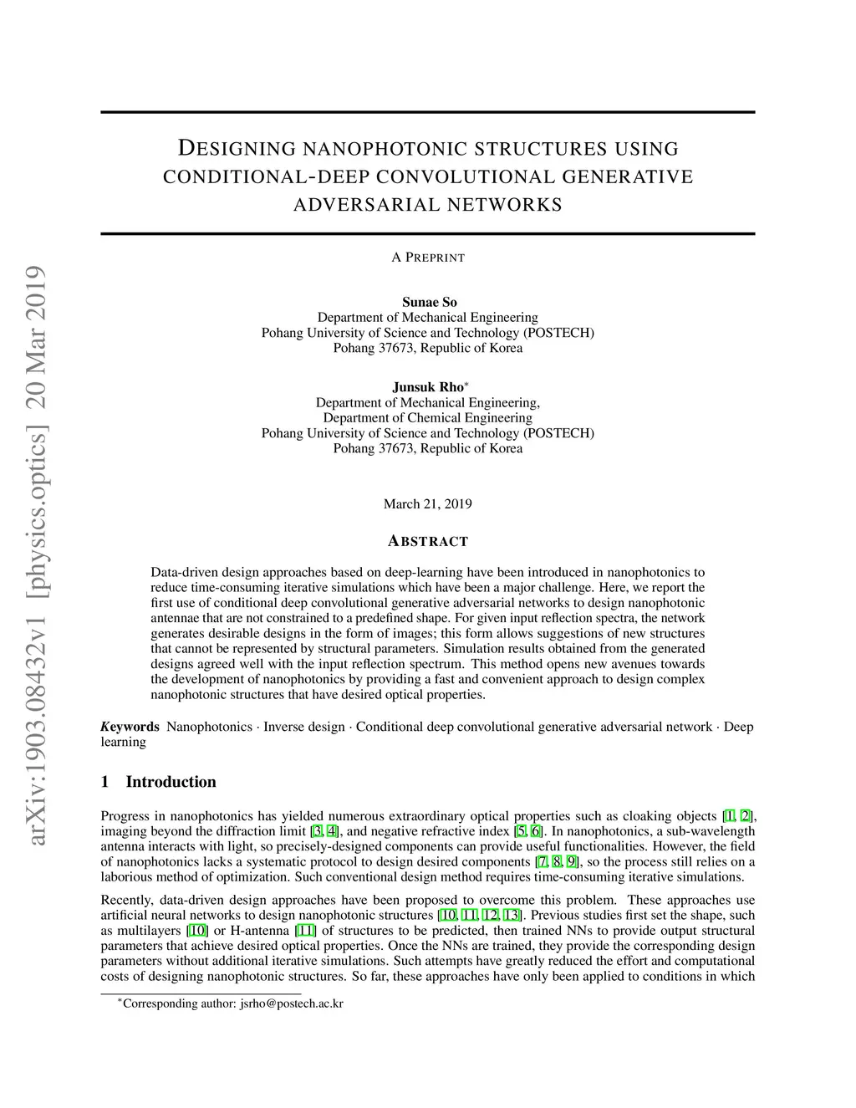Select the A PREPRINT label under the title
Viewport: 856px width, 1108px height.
click(427, 258)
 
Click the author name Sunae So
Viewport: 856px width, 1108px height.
click(429, 302)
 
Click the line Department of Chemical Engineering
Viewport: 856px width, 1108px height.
click(427, 417)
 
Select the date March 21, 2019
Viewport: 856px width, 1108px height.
click(427, 503)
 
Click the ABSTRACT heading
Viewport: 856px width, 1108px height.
click(427, 541)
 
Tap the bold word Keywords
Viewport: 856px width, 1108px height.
click(130, 726)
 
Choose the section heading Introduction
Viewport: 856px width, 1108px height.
click(171, 782)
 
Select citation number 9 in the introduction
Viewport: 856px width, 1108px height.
click(572, 861)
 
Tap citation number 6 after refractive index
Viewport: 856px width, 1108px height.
click(536, 831)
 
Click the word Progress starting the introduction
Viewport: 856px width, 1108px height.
click(125, 815)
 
